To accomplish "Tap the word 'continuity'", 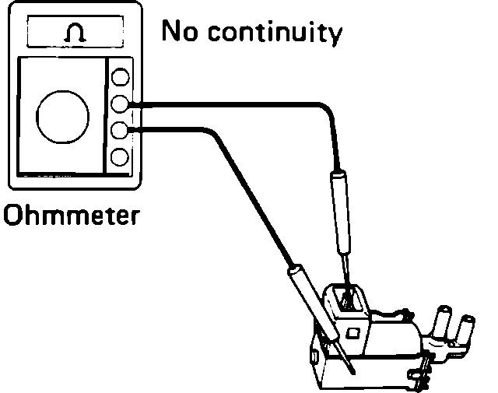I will point(272,33).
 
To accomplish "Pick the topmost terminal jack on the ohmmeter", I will point(120,77).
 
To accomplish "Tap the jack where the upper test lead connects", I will point(120,103).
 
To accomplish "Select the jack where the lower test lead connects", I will point(120,130).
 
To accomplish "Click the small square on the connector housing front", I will point(352,333).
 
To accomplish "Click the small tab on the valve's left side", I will point(313,358).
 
